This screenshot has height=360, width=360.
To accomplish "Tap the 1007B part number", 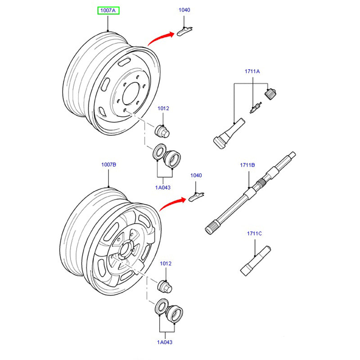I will (x=108, y=165).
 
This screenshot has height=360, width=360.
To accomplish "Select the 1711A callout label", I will (x=252, y=72).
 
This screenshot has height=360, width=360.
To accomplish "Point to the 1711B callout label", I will (x=247, y=165).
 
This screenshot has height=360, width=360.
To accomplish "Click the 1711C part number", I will (x=254, y=233).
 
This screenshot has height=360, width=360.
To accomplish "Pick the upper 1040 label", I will (x=184, y=9).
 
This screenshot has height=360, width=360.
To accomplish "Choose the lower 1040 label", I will (x=196, y=175).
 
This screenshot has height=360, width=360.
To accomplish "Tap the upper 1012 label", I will (x=163, y=108).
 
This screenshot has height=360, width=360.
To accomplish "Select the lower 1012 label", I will (x=166, y=263).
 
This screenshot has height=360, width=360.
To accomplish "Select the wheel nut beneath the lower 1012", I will (x=165, y=286).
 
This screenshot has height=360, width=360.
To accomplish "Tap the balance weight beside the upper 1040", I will (x=184, y=31).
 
